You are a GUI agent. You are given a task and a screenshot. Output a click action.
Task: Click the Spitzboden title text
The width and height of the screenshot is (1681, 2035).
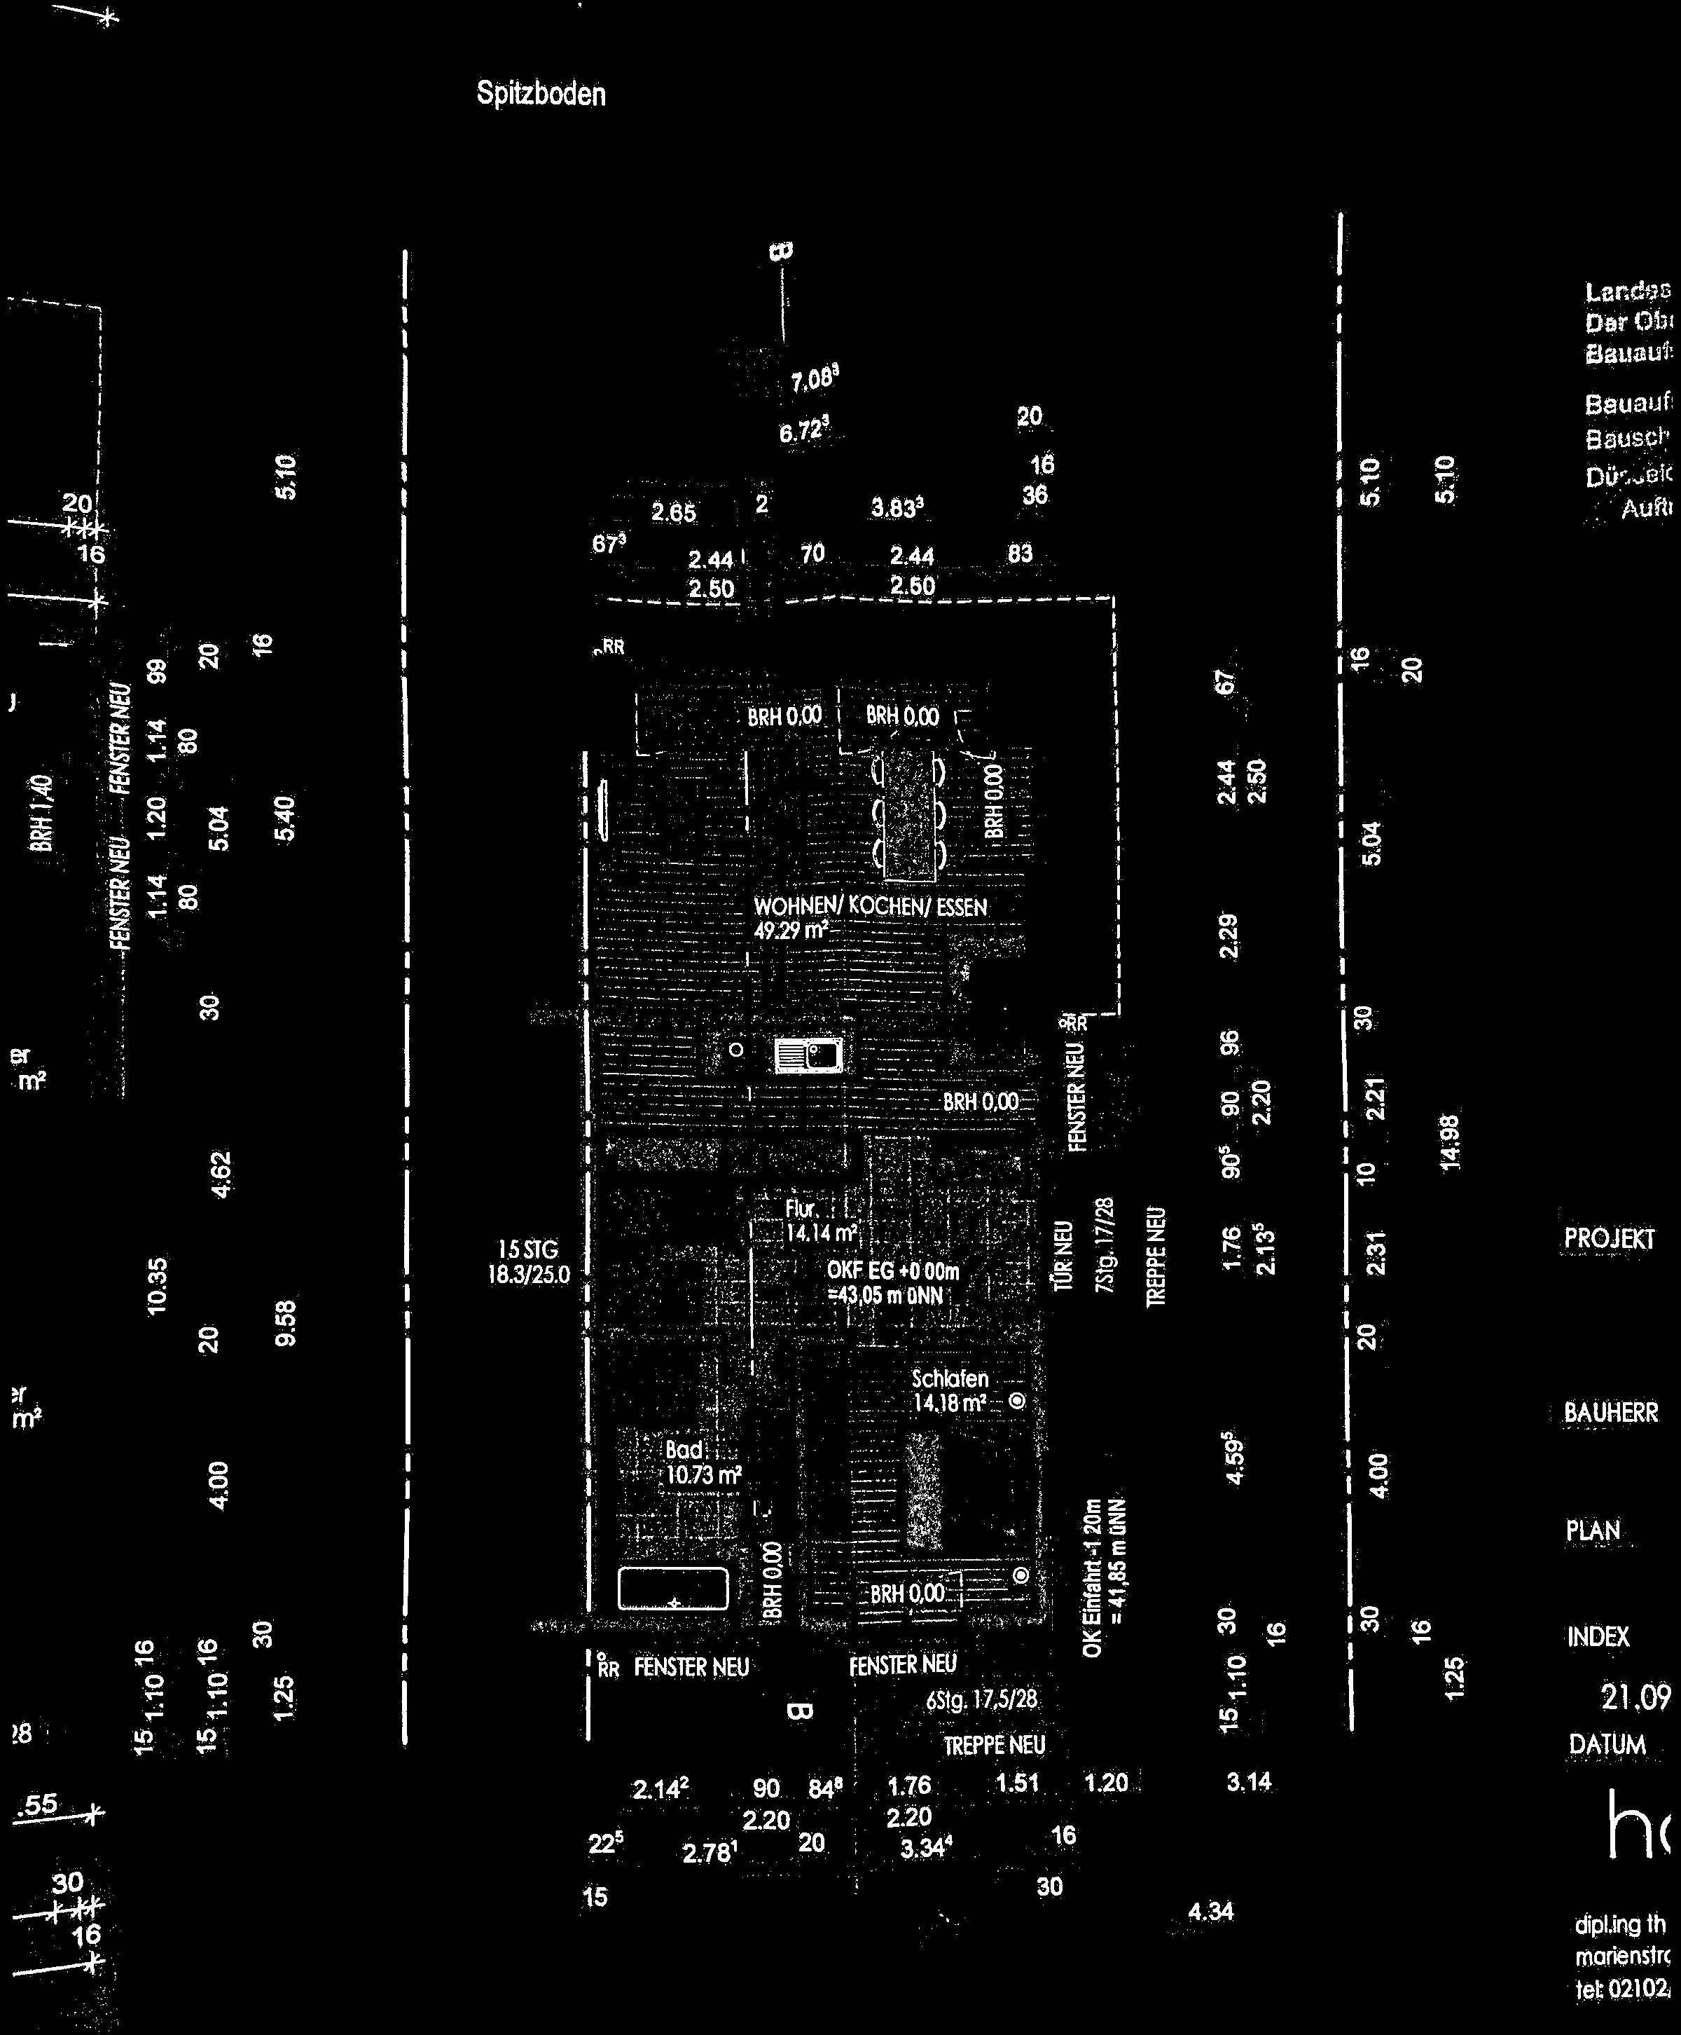[x=541, y=94]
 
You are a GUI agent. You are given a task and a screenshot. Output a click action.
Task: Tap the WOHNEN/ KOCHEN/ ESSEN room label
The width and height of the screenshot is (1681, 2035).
[x=871, y=907]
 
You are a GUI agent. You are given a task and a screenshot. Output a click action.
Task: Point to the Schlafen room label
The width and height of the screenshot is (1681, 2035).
[x=950, y=1379]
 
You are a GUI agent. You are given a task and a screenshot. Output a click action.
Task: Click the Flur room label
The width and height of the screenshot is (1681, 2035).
[x=803, y=1210]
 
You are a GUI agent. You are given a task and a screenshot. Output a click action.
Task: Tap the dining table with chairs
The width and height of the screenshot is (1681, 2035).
[x=908, y=814]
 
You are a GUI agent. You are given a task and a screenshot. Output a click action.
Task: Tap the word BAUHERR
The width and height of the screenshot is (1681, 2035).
[x=1611, y=1412]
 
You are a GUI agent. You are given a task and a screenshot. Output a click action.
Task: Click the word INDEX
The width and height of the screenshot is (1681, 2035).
[x=1598, y=1637]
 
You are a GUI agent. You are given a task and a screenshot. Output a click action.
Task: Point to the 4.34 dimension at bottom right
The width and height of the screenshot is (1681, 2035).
[x=1211, y=1911]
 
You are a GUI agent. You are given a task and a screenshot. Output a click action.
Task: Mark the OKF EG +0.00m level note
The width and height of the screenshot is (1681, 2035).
[x=893, y=1270]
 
